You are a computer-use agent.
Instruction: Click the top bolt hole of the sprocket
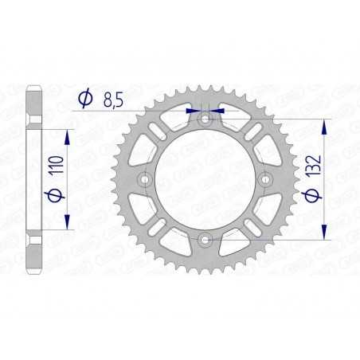pos(205,119)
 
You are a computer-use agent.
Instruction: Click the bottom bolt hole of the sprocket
pos(205,238)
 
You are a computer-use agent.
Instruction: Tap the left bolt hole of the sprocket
pos(146,179)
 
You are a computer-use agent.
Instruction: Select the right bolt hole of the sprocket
pos(265,179)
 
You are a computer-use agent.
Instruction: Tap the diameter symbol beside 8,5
pos(84,99)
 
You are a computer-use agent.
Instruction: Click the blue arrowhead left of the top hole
pos(193,111)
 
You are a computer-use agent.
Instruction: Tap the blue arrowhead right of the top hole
pos(219,111)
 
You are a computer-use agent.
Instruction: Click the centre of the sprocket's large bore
pos(205,179)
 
